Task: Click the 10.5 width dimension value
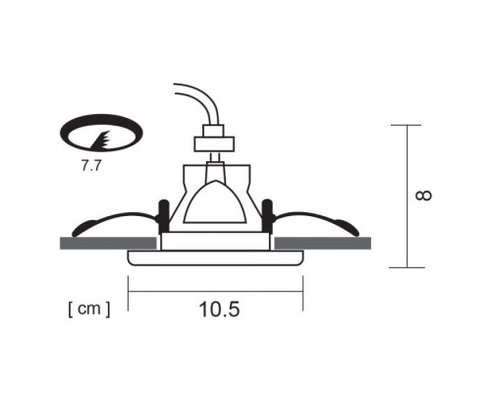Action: (218, 309)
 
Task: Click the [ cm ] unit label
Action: (89, 309)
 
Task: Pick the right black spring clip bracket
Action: (267, 211)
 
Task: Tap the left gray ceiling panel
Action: (108, 242)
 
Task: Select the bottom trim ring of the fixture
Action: (215, 258)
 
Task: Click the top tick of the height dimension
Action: (406, 125)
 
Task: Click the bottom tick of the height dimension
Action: (406, 266)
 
